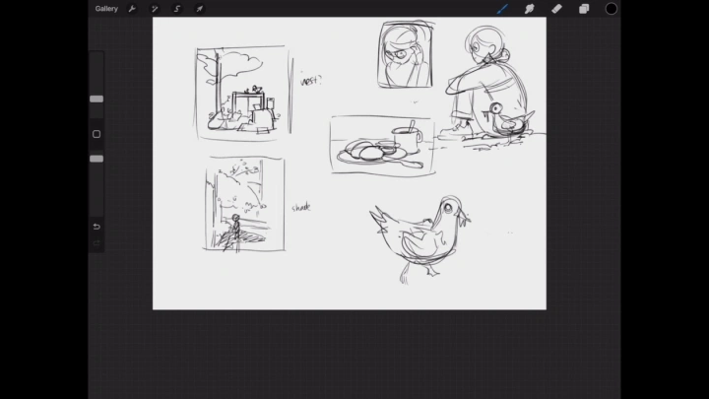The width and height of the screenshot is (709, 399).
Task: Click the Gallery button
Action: tap(106, 9)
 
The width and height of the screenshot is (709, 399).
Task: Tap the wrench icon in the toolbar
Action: tap(131, 9)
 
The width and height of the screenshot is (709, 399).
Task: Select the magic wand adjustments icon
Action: tap(155, 9)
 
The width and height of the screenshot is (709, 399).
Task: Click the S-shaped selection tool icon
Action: tap(177, 9)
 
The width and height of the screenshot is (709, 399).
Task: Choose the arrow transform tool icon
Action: tap(200, 9)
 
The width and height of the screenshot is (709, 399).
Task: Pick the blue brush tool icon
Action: tap(502, 9)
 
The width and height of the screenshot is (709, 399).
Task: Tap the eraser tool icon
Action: tap(556, 9)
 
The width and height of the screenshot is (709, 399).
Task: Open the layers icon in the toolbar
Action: tap(584, 9)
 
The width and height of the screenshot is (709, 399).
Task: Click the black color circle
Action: tap(612, 9)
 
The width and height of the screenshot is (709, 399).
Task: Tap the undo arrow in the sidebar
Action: tap(97, 227)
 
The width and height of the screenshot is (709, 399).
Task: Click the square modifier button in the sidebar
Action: tap(97, 134)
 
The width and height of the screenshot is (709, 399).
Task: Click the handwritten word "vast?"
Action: tap(311, 81)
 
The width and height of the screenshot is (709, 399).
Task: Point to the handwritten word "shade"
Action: tap(301, 207)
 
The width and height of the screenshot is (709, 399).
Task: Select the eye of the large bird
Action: tap(451, 207)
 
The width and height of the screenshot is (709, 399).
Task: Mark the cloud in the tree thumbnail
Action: tap(245, 64)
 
